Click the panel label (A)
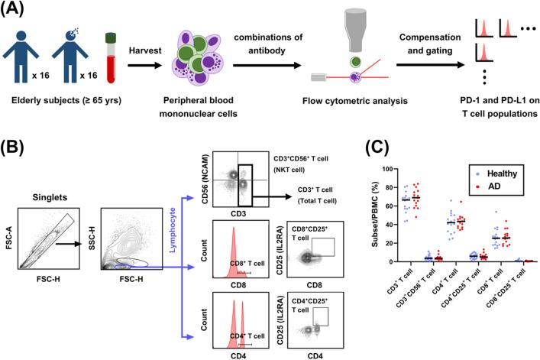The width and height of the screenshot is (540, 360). pyautogui.click(x=18, y=11)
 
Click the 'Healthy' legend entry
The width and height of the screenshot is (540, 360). pyautogui.click(x=493, y=176)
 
